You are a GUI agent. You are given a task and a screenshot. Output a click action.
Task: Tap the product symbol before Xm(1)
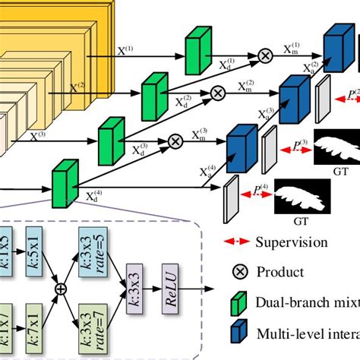click(x=265, y=55)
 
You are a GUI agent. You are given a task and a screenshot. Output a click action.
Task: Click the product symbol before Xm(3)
click(x=175, y=141)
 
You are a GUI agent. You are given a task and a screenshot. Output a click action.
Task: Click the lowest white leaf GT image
click(x=301, y=195)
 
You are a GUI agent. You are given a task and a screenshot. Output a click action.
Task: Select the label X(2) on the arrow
click(x=77, y=87)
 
